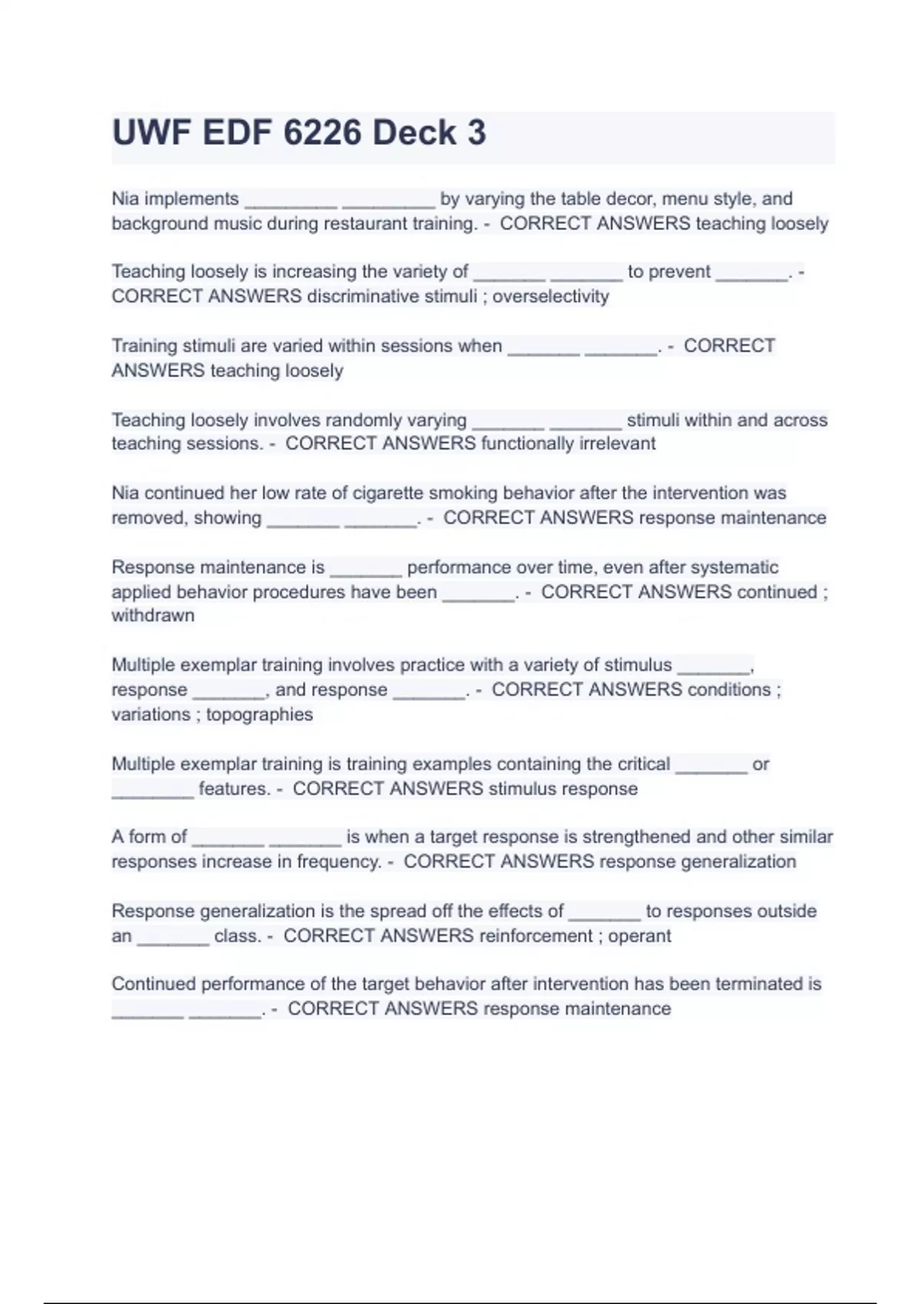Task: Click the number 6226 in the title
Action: click(322, 133)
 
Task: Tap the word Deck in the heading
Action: click(414, 133)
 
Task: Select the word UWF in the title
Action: click(151, 133)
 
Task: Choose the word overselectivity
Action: click(550, 297)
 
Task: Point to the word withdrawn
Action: click(153, 615)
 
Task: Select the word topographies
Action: click(259, 715)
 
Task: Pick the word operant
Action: click(639, 936)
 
